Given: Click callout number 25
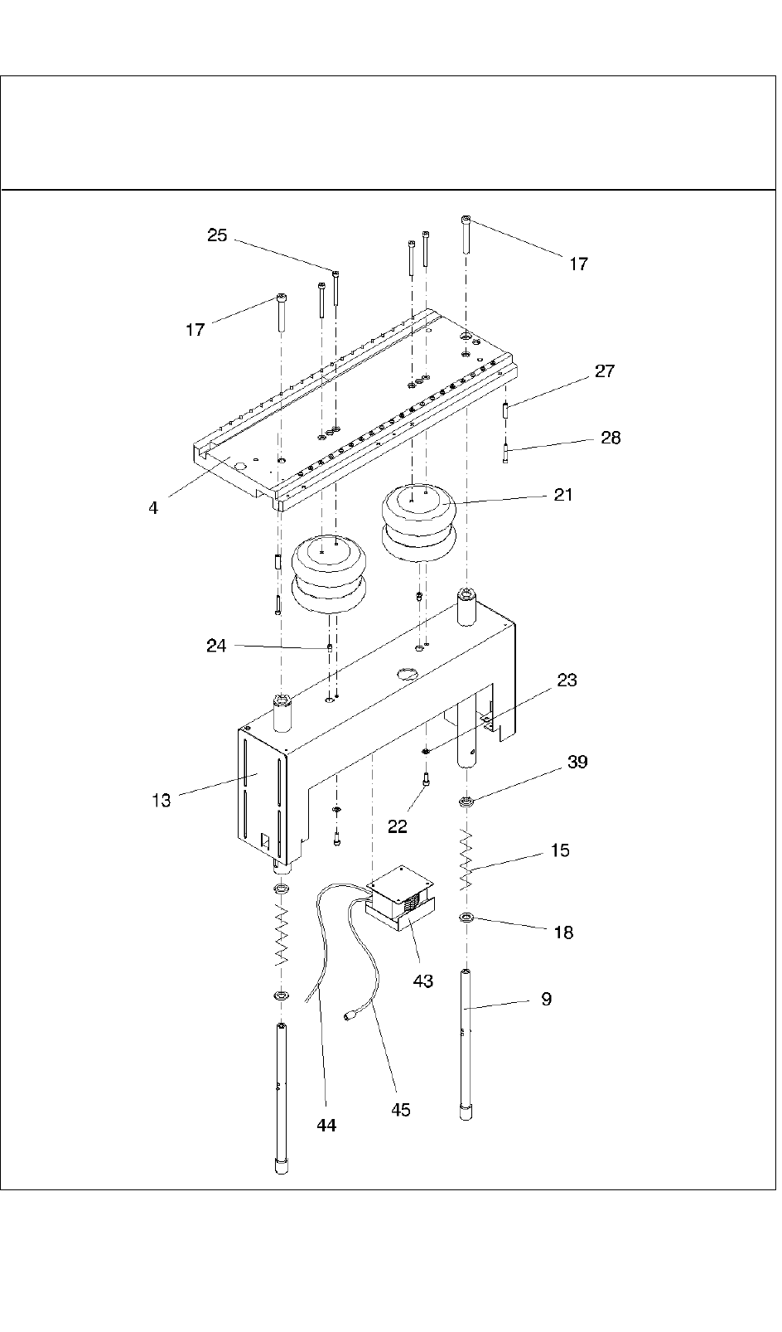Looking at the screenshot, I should (217, 235).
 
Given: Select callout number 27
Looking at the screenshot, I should (605, 371).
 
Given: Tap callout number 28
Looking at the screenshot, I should (611, 438).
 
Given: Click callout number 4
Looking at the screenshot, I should (153, 507).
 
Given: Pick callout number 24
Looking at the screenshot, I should (216, 645).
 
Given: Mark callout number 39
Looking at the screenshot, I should (577, 762).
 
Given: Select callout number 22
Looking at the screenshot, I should (398, 826).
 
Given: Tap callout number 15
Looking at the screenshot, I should (560, 850).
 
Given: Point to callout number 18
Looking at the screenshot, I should (562, 932).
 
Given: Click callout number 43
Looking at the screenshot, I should (422, 981).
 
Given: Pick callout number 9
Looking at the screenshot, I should (546, 999).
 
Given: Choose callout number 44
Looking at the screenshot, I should (326, 1125).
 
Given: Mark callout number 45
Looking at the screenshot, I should (400, 1109).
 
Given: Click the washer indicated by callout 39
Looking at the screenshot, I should (466, 802).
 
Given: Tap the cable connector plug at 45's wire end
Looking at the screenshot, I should (350, 1015).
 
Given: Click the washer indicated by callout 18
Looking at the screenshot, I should (466, 918).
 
